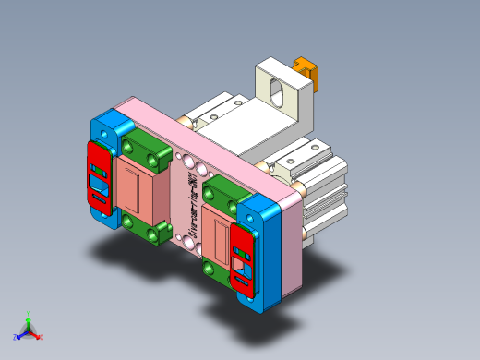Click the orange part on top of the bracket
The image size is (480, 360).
point(306,72)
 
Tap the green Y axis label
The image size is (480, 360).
point(30,314)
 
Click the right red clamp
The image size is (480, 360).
point(243,258)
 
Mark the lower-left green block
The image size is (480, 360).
point(148,228)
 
